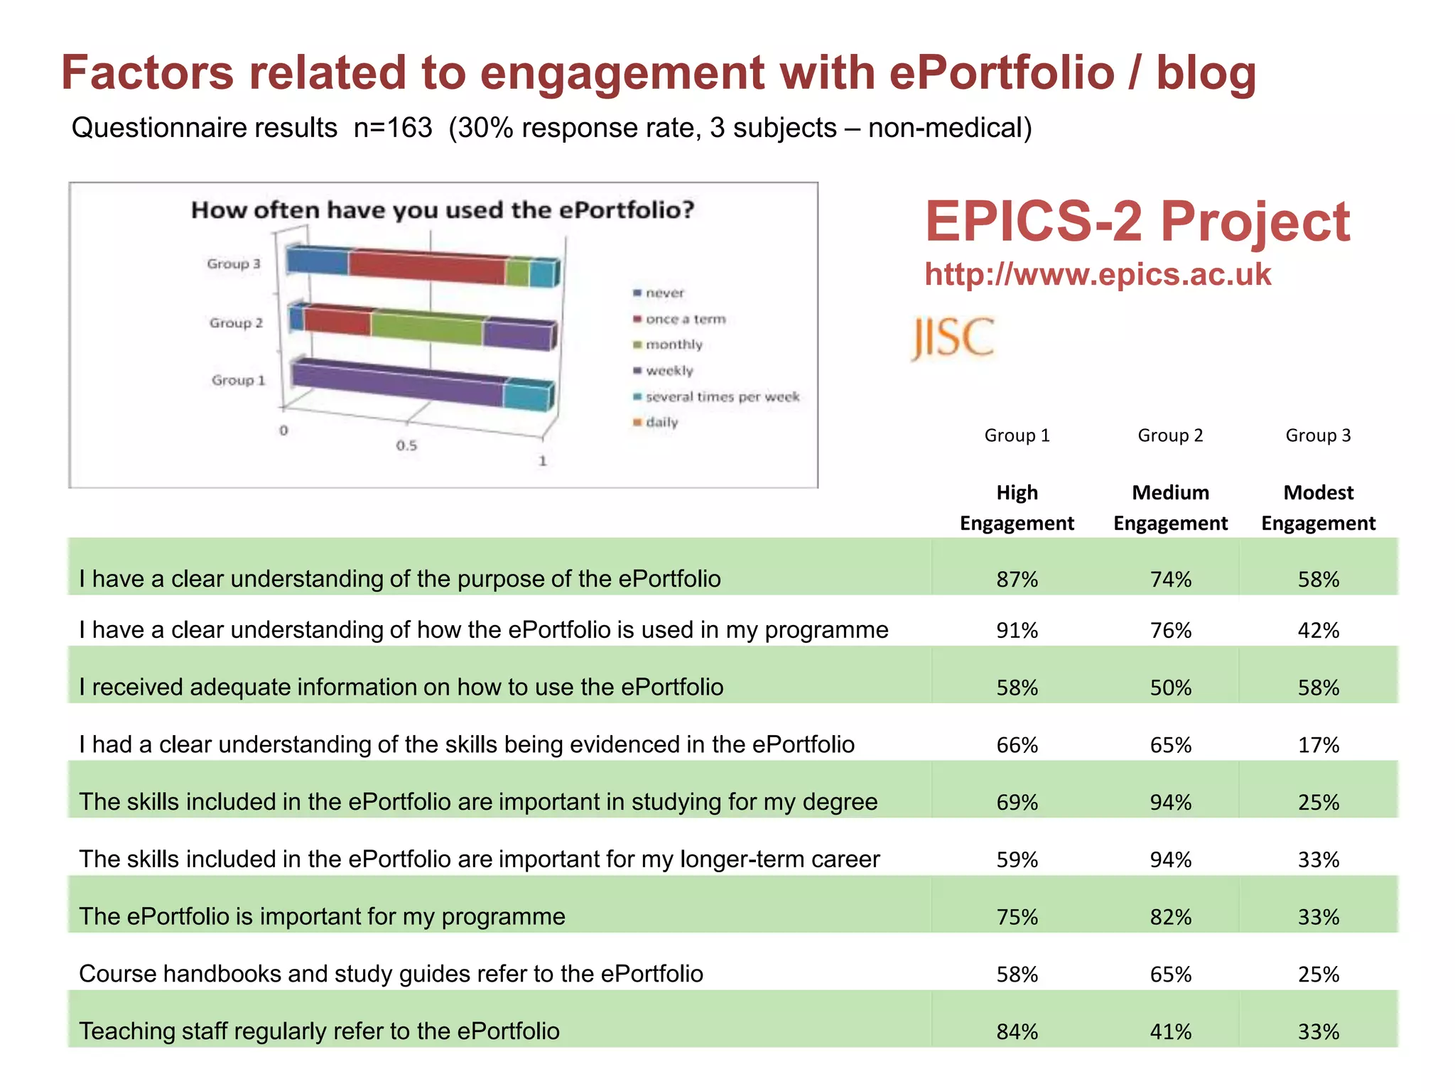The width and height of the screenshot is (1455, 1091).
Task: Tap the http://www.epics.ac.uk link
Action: (1097, 275)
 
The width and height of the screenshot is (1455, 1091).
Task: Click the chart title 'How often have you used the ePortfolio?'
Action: (442, 210)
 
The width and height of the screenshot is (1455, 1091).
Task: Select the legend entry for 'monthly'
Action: (673, 344)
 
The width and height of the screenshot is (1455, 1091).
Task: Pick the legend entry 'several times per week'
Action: (721, 396)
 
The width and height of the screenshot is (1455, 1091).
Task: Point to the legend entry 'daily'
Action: (661, 422)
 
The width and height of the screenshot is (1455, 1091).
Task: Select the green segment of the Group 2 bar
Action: (426, 327)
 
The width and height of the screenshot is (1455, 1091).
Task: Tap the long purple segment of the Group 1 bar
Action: (398, 384)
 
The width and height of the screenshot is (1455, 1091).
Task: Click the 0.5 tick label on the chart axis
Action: (406, 445)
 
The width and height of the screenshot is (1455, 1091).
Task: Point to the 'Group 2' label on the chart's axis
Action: (236, 322)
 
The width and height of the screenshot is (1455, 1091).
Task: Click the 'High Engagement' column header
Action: (1017, 508)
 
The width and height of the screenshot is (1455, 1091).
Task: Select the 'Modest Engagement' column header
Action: (1318, 508)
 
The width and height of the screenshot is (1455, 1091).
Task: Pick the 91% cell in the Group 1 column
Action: (1017, 631)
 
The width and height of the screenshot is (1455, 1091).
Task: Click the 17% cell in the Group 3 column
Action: (1318, 745)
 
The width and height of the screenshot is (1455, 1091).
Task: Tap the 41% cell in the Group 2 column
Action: (1170, 1031)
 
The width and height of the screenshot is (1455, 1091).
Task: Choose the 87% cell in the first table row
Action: (1017, 580)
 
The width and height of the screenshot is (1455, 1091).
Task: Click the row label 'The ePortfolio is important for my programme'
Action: (322, 916)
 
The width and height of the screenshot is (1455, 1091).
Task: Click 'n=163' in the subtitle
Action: (393, 128)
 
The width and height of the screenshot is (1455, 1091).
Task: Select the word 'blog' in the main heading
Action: (1206, 73)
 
